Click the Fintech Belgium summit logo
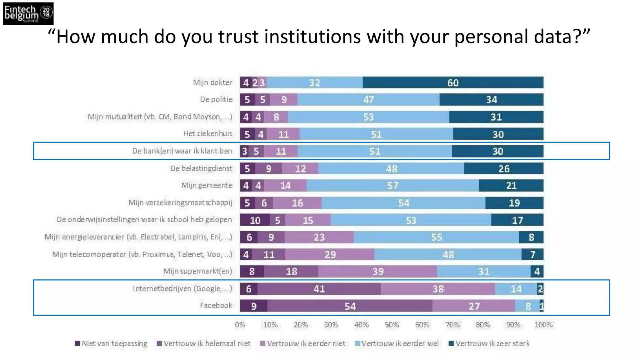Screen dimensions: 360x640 click(x=28, y=13)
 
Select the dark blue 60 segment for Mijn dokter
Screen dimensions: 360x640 click(x=453, y=82)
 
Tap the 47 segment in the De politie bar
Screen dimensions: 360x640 click(x=368, y=99)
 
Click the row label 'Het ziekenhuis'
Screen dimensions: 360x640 click(x=207, y=134)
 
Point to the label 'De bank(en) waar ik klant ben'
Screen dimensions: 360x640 click(x=182, y=151)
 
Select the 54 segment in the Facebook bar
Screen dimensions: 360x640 click(x=350, y=306)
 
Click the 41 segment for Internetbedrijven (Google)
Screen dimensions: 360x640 click(x=319, y=289)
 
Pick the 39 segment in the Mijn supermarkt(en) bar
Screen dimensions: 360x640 click(x=377, y=271)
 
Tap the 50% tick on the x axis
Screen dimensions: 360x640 click(x=392, y=325)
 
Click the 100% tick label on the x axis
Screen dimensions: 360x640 click(x=543, y=325)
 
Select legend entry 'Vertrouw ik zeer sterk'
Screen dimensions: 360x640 click(x=492, y=343)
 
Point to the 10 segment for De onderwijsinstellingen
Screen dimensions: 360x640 click(x=255, y=220)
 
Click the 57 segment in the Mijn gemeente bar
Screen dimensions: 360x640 click(x=392, y=186)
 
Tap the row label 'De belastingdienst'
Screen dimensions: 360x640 click(x=201, y=168)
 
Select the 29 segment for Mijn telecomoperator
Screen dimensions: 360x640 click(x=330, y=254)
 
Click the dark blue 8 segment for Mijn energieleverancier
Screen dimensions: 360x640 click(x=531, y=237)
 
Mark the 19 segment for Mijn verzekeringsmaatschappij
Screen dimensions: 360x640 click(x=514, y=203)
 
